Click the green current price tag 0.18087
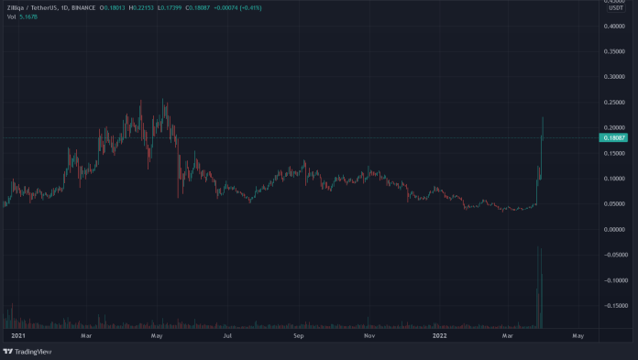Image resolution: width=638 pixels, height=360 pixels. click(612, 137)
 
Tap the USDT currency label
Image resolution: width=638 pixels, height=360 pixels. click(615, 8)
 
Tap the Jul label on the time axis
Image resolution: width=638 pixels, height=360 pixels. click(225, 336)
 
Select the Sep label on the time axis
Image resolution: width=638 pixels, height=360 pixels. click(298, 336)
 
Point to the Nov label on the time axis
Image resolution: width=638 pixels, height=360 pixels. click(368, 336)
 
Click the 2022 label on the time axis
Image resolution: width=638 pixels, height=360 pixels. click(439, 336)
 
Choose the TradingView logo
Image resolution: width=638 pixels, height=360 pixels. click(27, 351)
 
